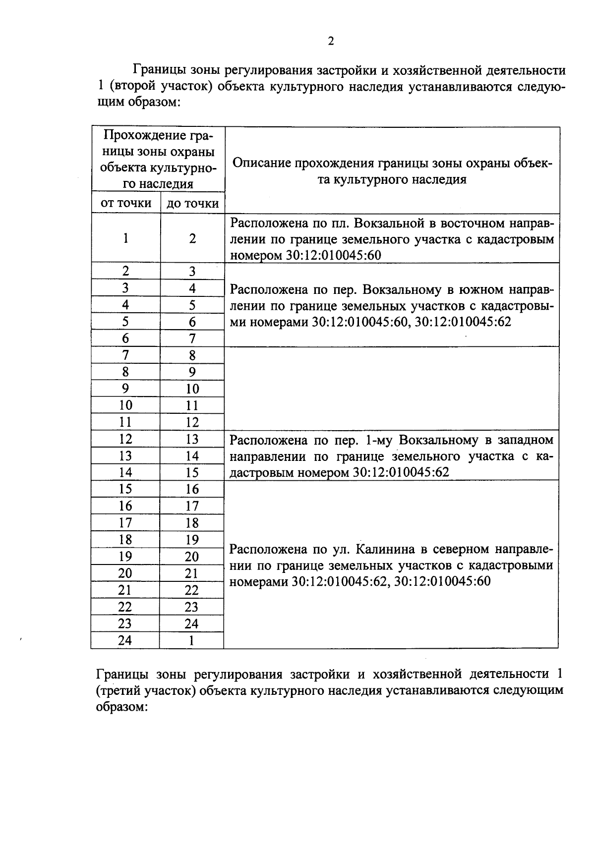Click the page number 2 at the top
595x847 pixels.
pos(331,41)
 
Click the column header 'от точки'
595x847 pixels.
pos(126,203)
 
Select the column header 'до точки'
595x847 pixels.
pos(192,203)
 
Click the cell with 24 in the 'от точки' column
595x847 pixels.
pos(125,640)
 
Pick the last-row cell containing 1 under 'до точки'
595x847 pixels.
pos(191,640)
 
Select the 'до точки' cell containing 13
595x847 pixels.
pos(192,439)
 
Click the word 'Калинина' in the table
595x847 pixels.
pos(386,549)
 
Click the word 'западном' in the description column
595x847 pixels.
pos(526,440)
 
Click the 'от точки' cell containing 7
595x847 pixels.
pos(125,355)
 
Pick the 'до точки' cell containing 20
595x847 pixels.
pos(191,557)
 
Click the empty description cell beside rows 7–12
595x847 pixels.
pos(392,388)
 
